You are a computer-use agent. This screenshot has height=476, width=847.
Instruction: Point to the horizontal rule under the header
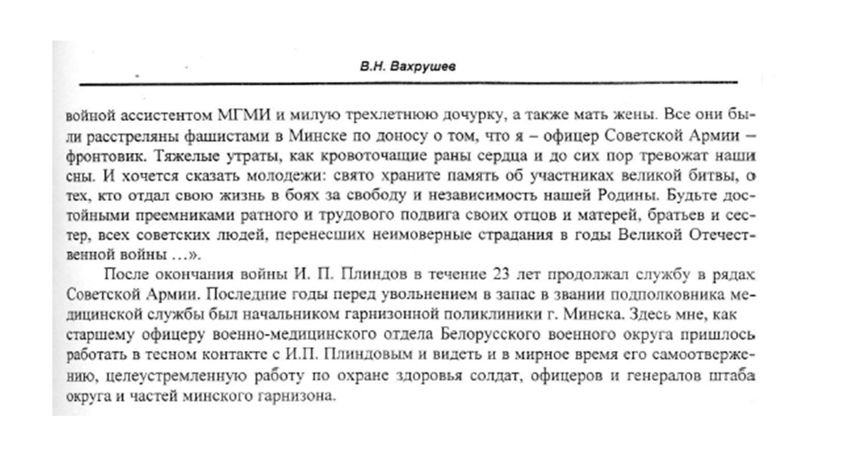[x=408, y=84]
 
